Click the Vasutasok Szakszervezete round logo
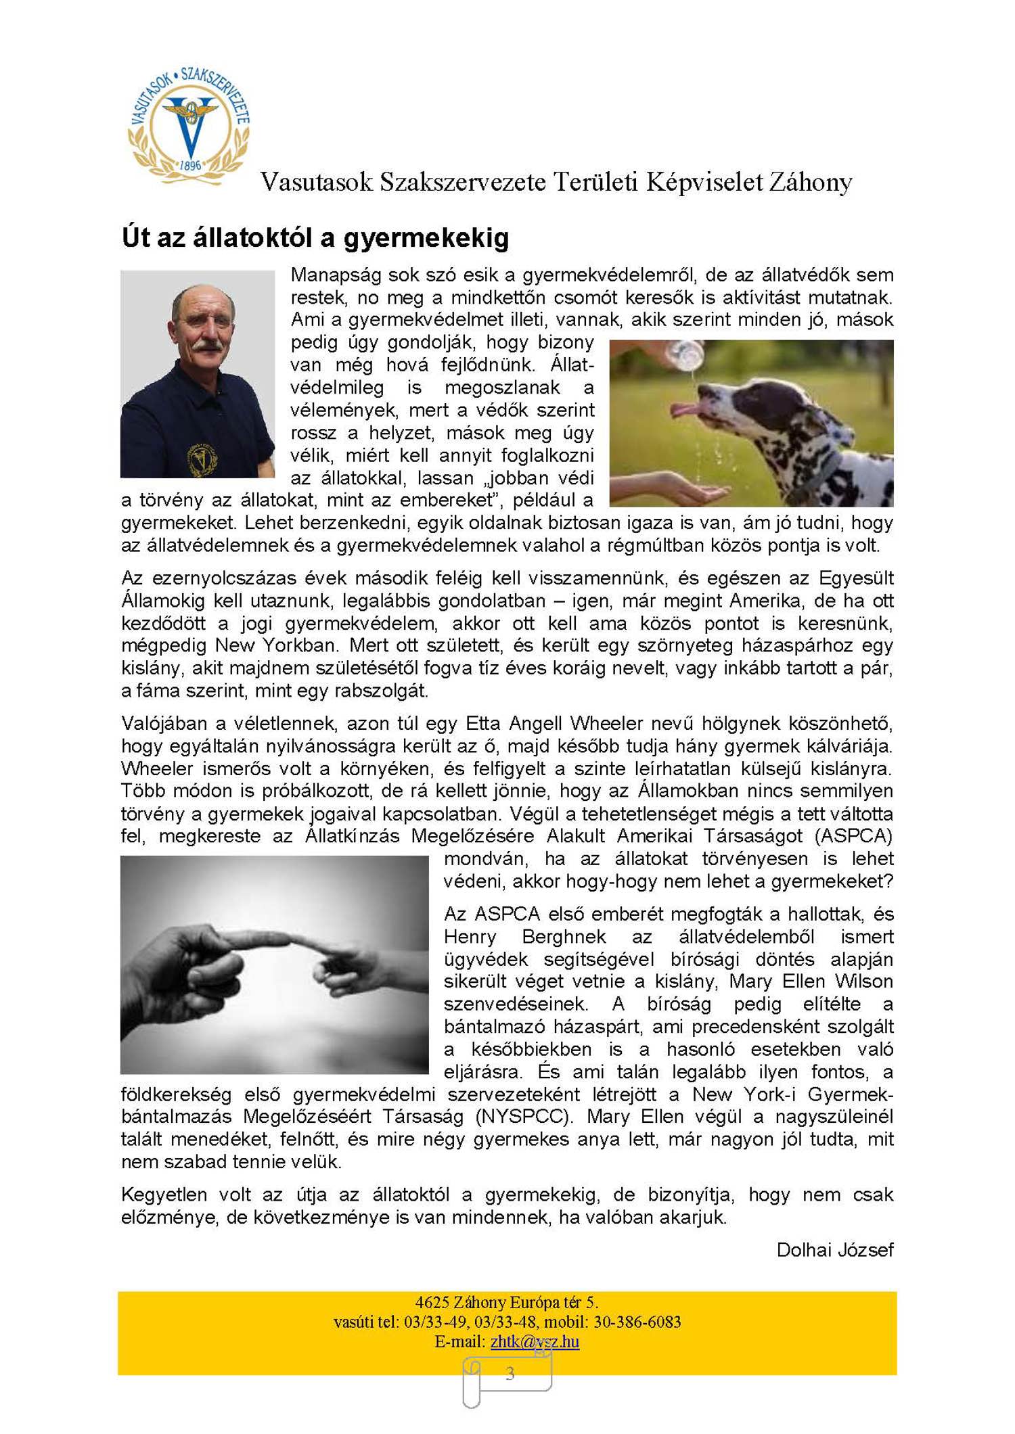pos(189,126)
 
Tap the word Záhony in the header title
pos(810,182)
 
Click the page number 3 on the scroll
pos(510,1374)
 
